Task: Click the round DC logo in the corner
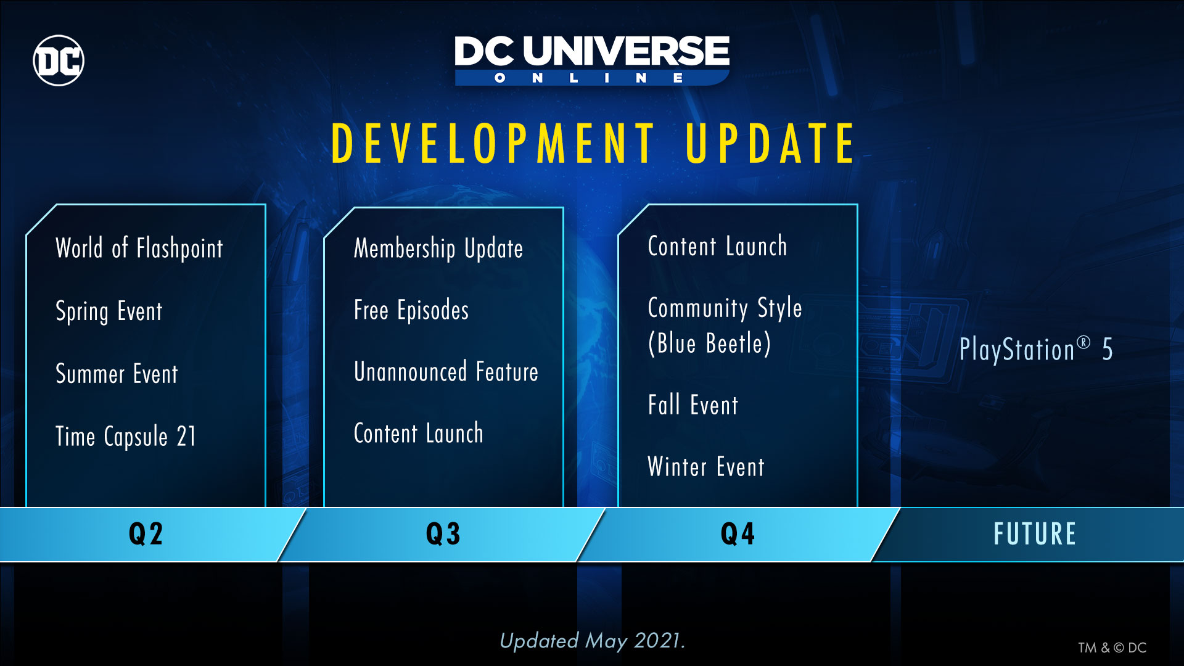tap(59, 60)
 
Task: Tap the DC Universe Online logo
tap(592, 60)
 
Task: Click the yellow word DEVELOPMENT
tap(493, 144)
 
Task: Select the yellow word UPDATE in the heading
tap(770, 144)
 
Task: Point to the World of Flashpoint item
tap(139, 249)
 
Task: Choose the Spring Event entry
tap(109, 311)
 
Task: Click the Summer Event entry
tap(117, 374)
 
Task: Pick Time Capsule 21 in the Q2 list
tap(126, 437)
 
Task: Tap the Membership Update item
tap(438, 249)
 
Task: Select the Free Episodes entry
tap(411, 310)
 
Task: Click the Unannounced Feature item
tap(446, 372)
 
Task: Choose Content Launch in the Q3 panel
tap(419, 434)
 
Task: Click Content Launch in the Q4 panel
tap(718, 246)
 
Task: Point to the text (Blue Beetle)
tap(710, 343)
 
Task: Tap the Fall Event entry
tap(693, 405)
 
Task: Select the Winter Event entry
tap(706, 467)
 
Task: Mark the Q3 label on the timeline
tap(443, 534)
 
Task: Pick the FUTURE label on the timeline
tap(1035, 534)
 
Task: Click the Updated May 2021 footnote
tap(592, 641)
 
